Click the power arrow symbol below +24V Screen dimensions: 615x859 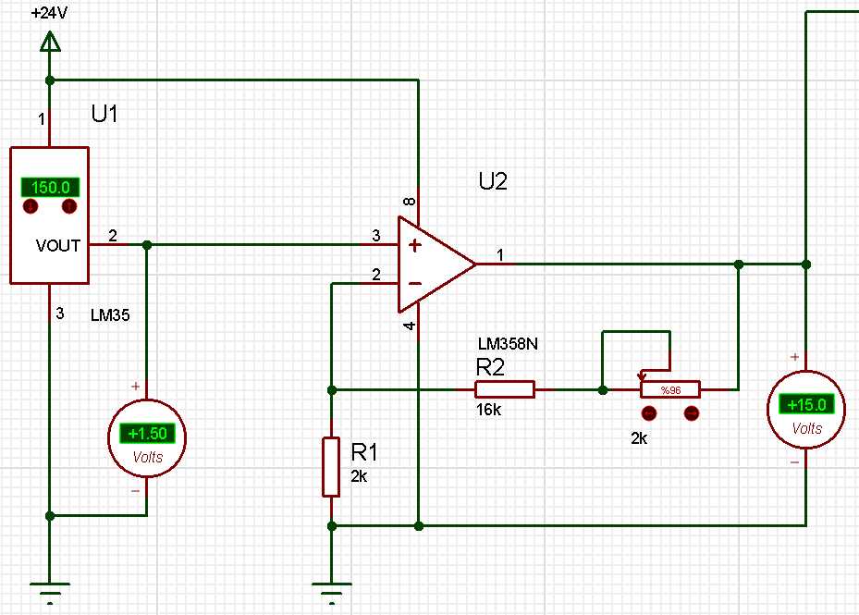click(x=51, y=41)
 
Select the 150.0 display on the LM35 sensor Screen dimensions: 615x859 click(x=50, y=187)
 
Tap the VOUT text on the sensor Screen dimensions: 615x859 click(x=58, y=246)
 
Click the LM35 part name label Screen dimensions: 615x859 click(x=110, y=315)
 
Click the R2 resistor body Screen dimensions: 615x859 click(x=505, y=389)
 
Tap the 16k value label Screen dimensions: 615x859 click(x=489, y=410)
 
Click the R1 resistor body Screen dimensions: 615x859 click(x=332, y=467)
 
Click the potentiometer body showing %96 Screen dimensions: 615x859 click(x=670, y=389)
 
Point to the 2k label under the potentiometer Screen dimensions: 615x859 click(x=639, y=439)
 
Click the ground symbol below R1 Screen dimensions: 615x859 click(x=332, y=587)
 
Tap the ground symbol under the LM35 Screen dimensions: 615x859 click(x=51, y=587)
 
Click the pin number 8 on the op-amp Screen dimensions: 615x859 click(x=411, y=201)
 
